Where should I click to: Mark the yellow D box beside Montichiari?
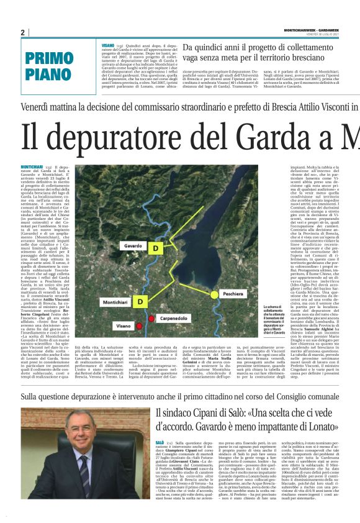(141, 301)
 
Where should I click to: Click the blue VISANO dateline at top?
(108, 46)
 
